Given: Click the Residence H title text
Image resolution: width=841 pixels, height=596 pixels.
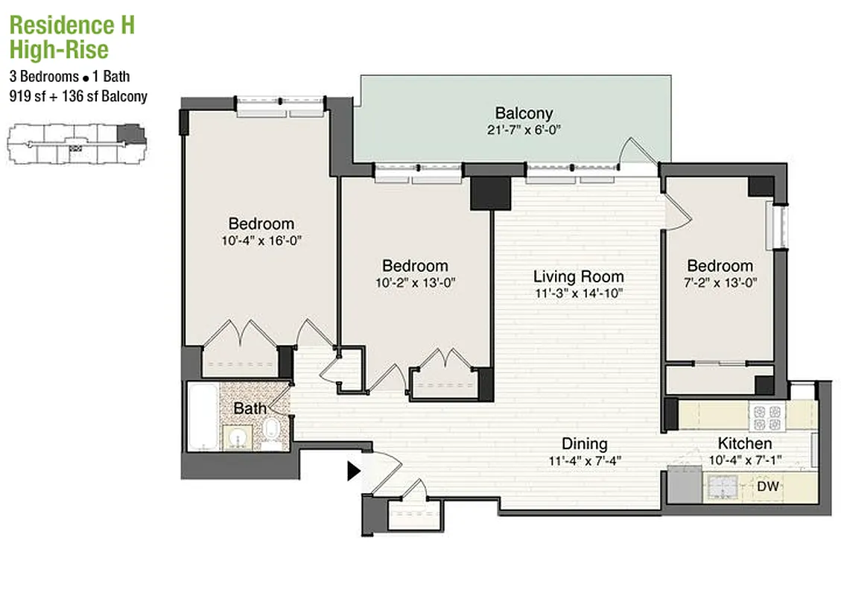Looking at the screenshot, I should point(72,25).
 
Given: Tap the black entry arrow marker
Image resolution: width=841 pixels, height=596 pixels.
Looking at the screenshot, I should point(354,471).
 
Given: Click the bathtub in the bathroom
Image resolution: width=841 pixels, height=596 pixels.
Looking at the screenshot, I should point(201,417).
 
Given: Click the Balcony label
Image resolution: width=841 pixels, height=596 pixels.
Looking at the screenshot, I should point(524,113).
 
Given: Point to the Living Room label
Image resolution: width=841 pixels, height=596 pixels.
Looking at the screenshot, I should point(578,276).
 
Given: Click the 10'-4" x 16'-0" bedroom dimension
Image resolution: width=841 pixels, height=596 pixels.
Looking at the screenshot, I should point(260,241).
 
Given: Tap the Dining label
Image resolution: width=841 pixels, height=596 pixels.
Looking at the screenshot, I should point(584,443).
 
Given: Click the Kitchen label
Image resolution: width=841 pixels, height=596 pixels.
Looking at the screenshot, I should point(744,443).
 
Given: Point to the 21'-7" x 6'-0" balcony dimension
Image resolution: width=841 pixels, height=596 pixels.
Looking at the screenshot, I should point(524,130).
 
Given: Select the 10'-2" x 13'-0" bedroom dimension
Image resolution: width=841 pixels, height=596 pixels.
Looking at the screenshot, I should point(414,283).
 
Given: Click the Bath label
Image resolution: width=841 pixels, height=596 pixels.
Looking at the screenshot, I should point(250,408).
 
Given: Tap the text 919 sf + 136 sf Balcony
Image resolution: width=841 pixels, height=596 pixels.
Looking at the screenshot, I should point(78,96).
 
